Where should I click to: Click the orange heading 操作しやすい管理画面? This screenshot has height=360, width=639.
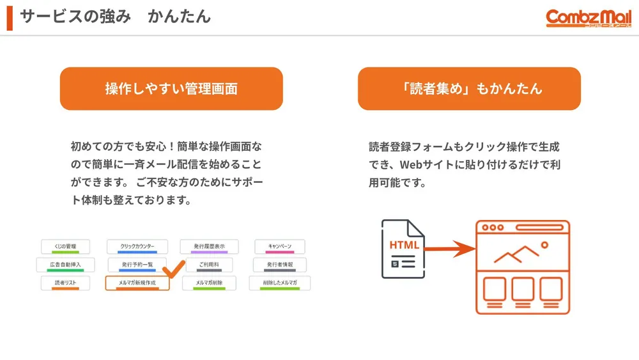[x=171, y=88]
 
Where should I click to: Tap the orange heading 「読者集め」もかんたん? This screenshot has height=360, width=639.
[x=469, y=88]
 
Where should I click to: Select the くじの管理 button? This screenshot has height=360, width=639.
[x=65, y=246]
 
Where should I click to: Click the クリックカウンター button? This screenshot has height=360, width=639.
[x=135, y=246]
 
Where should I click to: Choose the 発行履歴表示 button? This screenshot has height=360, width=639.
[x=209, y=246]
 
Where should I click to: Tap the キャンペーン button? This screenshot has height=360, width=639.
[x=280, y=246]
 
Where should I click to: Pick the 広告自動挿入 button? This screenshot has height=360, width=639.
[x=65, y=264]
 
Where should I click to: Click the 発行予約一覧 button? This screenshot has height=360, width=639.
[x=135, y=264]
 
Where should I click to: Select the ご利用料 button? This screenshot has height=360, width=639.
[x=209, y=264]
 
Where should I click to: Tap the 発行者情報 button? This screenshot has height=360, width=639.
[x=280, y=264]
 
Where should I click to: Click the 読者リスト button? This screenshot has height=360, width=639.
[x=65, y=283]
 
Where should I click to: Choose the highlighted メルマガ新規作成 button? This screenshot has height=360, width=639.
[x=137, y=283]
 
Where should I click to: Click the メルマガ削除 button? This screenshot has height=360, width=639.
[x=209, y=283]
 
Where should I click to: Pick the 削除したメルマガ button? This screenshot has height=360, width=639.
[x=280, y=283]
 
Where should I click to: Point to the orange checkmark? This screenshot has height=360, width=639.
[x=173, y=269]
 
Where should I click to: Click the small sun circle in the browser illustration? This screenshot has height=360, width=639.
[x=544, y=244]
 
